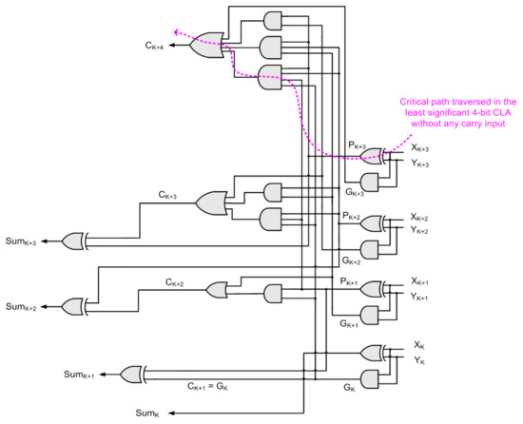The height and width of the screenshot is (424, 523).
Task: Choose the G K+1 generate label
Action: point(350,324)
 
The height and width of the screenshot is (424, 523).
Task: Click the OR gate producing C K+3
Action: point(211,202)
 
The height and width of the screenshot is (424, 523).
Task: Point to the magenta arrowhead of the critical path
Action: point(174,31)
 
